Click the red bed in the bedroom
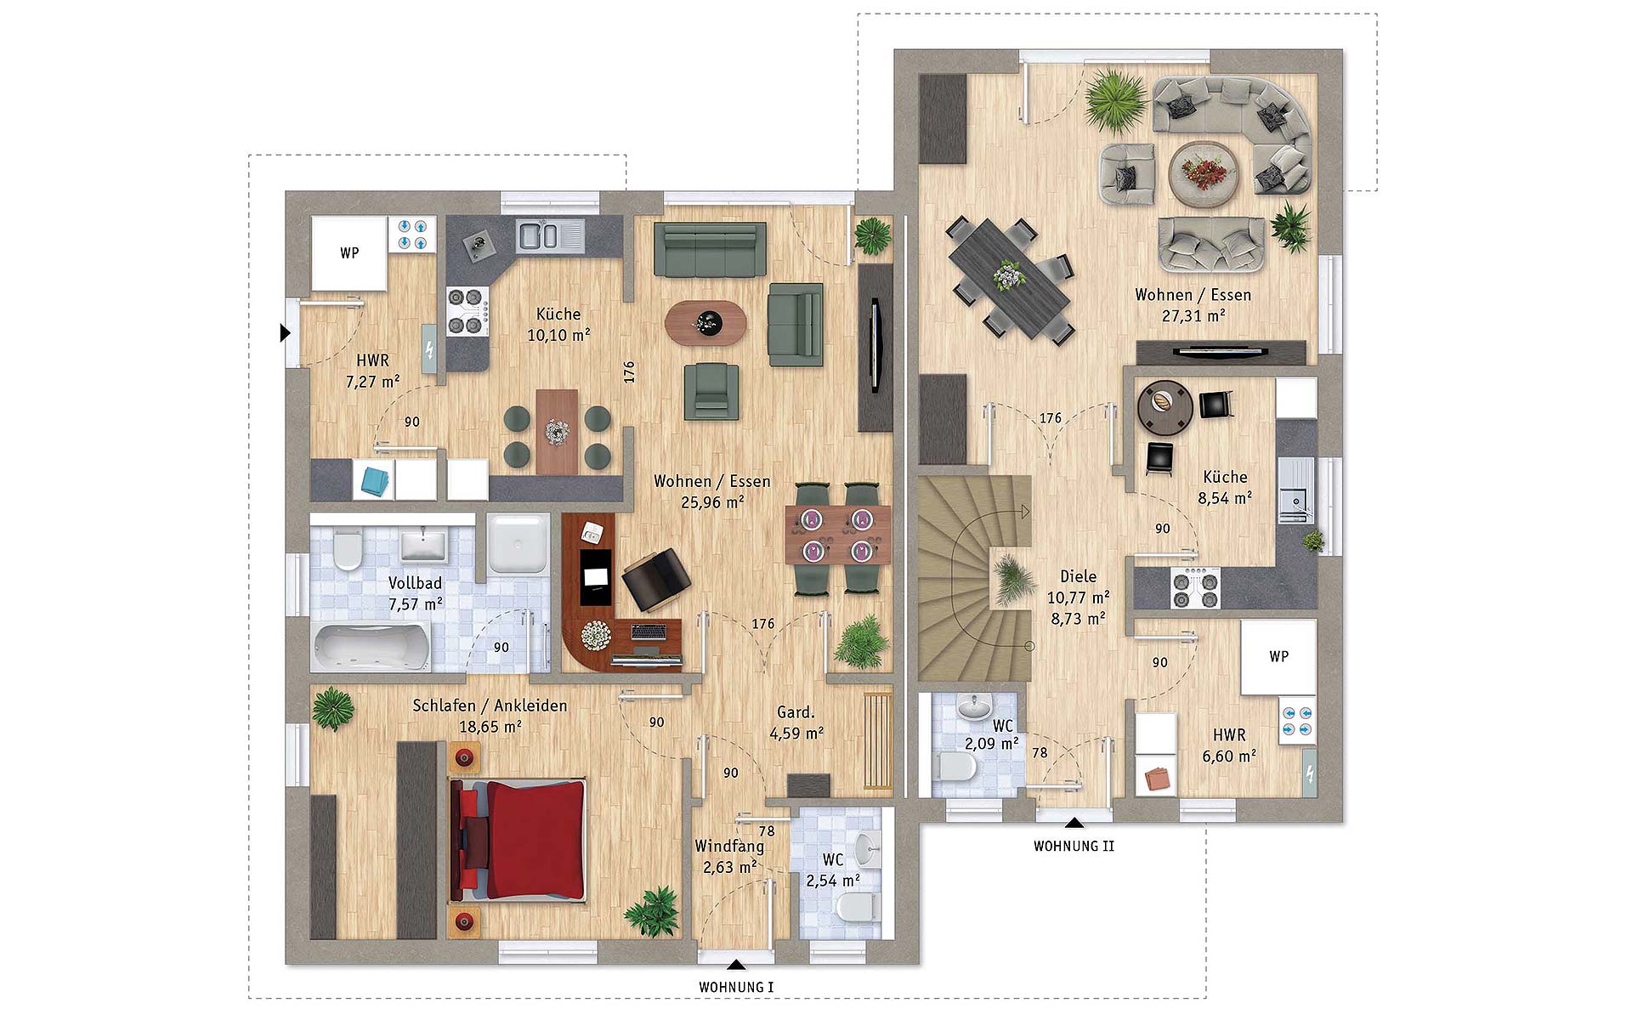[x=518, y=839]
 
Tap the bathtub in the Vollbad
[x=373, y=649]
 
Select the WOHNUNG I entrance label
[x=736, y=987]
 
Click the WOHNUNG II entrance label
[x=1074, y=846]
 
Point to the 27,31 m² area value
[x=1193, y=315]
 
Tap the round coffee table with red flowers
[x=1204, y=173]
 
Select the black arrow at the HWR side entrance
[x=286, y=333]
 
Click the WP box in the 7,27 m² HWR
[x=349, y=253]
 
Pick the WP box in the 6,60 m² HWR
[x=1278, y=656]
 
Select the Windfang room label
[x=729, y=846]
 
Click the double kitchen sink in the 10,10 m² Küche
[x=541, y=235]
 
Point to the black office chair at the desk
[x=655, y=578]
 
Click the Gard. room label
[x=796, y=712]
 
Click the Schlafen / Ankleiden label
[x=490, y=705]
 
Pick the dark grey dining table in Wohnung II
[x=1008, y=278]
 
